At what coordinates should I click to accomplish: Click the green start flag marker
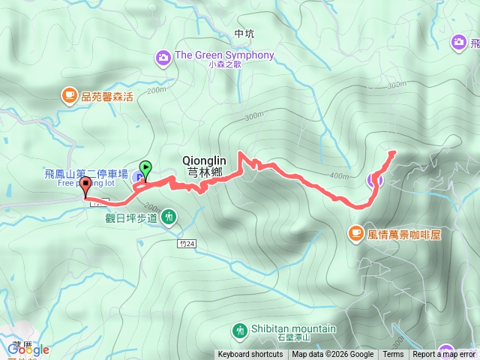pos(145,168)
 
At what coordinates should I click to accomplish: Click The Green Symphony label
pos(223,55)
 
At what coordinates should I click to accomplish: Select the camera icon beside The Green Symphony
pos(163,57)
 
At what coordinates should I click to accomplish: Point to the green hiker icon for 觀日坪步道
pos(169,217)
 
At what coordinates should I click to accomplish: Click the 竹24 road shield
pos(187,243)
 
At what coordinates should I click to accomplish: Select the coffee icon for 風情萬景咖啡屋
pos(355,234)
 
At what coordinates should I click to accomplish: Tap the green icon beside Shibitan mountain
pos(239,329)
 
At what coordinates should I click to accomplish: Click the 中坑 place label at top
pos(244,34)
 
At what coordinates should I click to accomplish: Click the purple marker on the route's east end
pos(374,179)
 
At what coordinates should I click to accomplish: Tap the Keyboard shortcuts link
pos(250,355)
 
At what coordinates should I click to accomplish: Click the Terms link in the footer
pos(393,355)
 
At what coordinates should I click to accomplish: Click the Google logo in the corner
pos(28,349)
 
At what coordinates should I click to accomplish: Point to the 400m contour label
pos(339,175)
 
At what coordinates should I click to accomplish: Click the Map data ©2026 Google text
pos(332,355)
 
